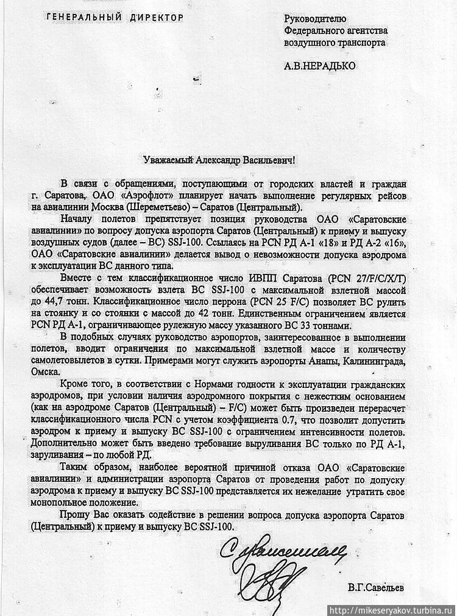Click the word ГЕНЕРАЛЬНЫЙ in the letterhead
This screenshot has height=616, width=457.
point(83,18)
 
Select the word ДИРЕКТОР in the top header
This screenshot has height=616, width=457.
point(155,18)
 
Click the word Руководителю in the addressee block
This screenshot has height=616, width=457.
point(315,19)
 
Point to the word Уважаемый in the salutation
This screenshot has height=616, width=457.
point(166,160)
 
